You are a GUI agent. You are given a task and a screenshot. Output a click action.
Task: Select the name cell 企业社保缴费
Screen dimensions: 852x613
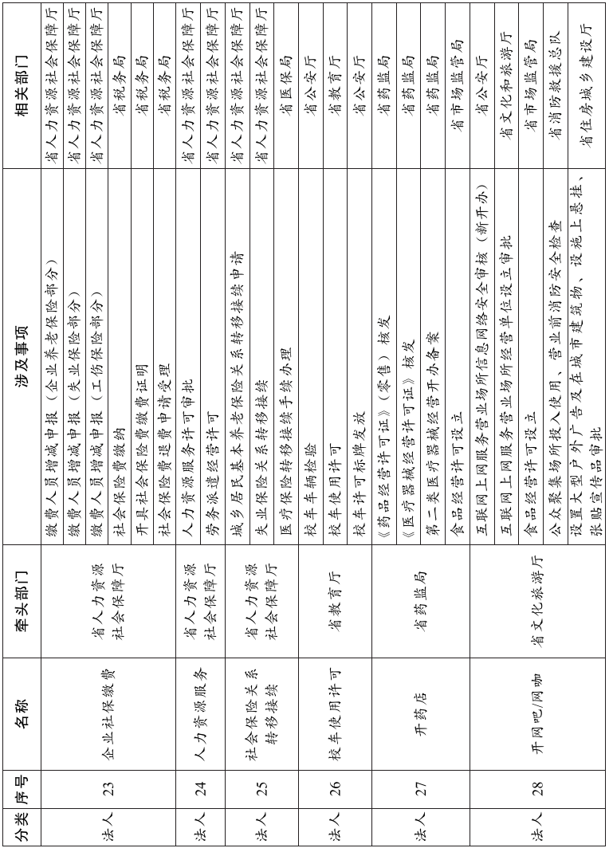point(108,712)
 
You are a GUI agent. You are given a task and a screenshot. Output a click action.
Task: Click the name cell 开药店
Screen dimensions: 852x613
point(421,712)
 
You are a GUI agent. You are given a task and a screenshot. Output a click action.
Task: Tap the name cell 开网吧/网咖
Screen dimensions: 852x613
point(537,712)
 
